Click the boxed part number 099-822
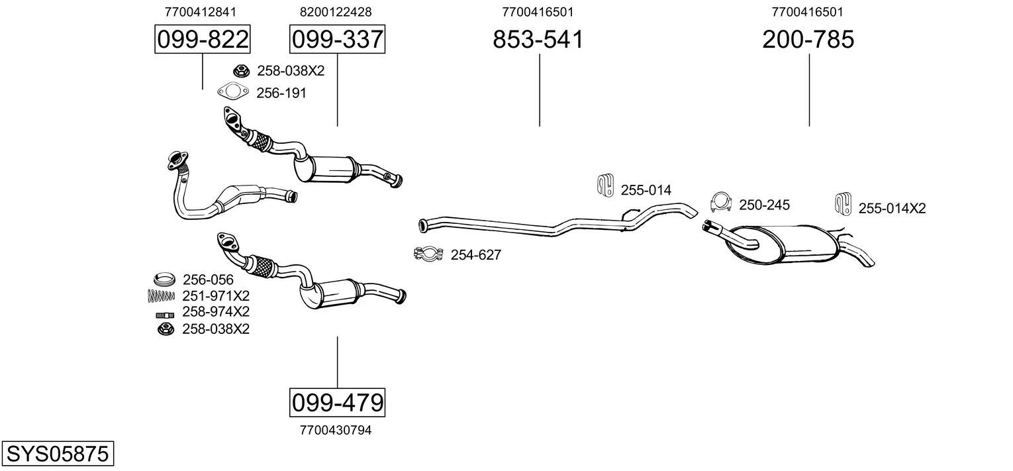202,39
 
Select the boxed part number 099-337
338,39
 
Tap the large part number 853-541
538,39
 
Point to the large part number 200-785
808,39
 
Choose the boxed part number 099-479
338,402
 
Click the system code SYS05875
58,453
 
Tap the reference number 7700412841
201,12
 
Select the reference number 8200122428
336,12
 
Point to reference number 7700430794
336,430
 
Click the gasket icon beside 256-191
233,92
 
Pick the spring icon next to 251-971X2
161,296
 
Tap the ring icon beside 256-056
164,280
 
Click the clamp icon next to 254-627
428,254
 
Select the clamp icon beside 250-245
721,202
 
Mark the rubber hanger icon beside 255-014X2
843,204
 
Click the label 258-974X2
216,312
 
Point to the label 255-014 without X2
646,190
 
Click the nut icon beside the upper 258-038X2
242,71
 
